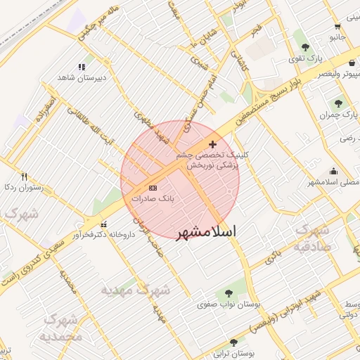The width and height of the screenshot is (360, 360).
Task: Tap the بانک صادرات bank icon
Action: pyautogui.click(x=153, y=188)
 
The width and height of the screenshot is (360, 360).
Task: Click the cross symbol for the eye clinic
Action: pyautogui.click(x=212, y=144)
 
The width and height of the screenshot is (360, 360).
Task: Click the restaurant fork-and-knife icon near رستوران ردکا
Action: pyautogui.click(x=25, y=176)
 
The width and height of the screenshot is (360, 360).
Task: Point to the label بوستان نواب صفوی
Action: pyautogui.click(x=229, y=304)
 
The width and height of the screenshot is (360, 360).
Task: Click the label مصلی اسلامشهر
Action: pyautogui.click(x=330, y=183)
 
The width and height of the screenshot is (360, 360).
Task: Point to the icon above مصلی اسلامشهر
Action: pyautogui.click(x=333, y=172)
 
